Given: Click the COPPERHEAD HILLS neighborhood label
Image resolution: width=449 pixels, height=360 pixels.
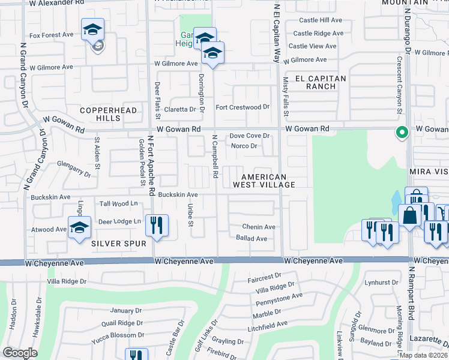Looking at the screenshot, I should point(109,114).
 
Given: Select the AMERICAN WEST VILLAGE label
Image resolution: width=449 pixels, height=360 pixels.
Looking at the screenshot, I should point(268,181).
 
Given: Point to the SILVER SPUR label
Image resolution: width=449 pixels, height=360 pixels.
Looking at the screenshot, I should point(119,244).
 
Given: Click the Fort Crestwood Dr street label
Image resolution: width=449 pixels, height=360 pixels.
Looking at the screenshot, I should point(243,107).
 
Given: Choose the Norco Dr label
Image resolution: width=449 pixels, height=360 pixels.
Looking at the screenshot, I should point(244,146).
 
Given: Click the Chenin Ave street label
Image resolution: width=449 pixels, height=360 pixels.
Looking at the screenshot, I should point(259,227).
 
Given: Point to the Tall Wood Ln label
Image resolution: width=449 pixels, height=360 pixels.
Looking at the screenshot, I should point(118,204).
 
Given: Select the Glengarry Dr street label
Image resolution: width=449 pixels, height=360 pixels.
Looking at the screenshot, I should point(74,168).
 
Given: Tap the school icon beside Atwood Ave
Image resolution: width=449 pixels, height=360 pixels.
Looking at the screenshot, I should point(79,227).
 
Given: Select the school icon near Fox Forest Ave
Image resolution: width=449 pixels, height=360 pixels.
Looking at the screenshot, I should point(93,29).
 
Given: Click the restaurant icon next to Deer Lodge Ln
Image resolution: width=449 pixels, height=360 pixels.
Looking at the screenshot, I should point(156,225).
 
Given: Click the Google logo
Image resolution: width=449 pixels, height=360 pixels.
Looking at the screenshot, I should point(20,353).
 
